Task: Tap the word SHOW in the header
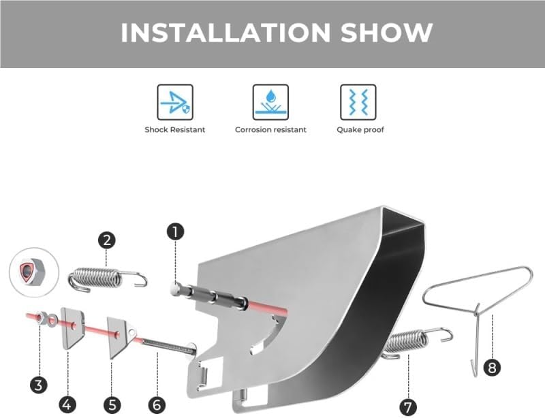[386, 33]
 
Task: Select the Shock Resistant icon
[175, 102]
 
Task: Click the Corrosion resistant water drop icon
[270, 102]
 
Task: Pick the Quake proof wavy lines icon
[358, 102]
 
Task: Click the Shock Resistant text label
[175, 130]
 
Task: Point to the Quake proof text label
[360, 130]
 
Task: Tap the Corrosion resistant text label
[270, 130]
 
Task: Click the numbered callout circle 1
[176, 231]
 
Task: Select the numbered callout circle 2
[107, 240]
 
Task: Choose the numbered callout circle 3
[38, 385]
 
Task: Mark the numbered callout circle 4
[67, 404]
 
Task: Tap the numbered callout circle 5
[112, 405]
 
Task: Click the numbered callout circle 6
[157, 405]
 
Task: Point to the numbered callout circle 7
[408, 406]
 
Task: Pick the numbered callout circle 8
[492, 367]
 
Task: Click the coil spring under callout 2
[107, 278]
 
